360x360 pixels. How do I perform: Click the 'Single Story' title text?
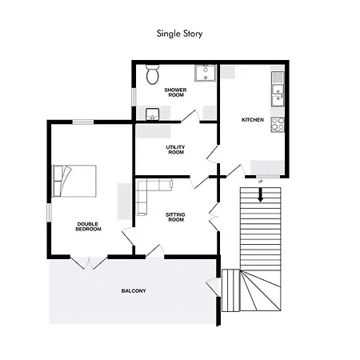(180, 34)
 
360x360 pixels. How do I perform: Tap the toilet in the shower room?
(152, 76)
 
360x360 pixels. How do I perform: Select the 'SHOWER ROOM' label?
(174, 92)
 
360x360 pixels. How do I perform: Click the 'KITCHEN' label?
(253, 120)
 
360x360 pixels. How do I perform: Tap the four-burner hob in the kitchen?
(278, 125)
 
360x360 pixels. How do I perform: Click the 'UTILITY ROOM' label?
(175, 150)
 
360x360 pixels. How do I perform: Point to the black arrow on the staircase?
(260, 193)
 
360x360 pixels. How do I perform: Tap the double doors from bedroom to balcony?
(83, 263)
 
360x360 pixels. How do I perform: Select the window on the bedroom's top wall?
(83, 122)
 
